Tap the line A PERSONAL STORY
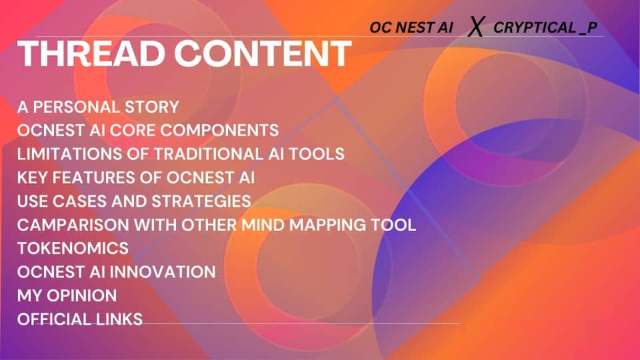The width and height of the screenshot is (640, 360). [98, 107]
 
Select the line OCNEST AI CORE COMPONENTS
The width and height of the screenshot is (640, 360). [148, 129]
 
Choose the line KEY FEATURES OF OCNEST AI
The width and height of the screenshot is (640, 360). [136, 177]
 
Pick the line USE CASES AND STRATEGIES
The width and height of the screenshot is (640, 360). [134, 201]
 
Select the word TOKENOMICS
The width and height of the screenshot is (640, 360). [73, 248]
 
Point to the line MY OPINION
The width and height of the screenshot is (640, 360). [67, 295]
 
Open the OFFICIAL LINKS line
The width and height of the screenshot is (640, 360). [80, 319]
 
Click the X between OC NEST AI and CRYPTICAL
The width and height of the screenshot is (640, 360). [475, 28]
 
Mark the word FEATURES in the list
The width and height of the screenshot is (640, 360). [86, 177]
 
